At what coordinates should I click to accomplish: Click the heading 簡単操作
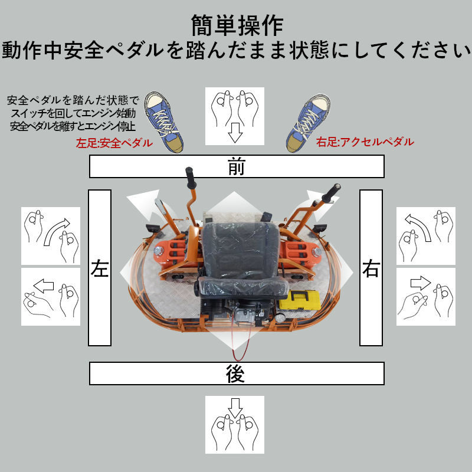pos(237,25)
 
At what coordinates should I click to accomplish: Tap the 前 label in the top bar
pos(236,168)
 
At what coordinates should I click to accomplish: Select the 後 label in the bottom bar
pos(235,374)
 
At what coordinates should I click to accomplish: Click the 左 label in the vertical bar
pos(100,269)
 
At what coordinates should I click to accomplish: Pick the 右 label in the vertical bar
pos(371,269)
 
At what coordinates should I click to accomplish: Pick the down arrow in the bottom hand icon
pos(235,408)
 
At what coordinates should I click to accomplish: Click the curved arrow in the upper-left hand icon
pos(55,231)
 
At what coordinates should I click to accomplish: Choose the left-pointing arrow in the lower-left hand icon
pos(44,287)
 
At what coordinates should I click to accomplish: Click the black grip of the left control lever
pos(191,176)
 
